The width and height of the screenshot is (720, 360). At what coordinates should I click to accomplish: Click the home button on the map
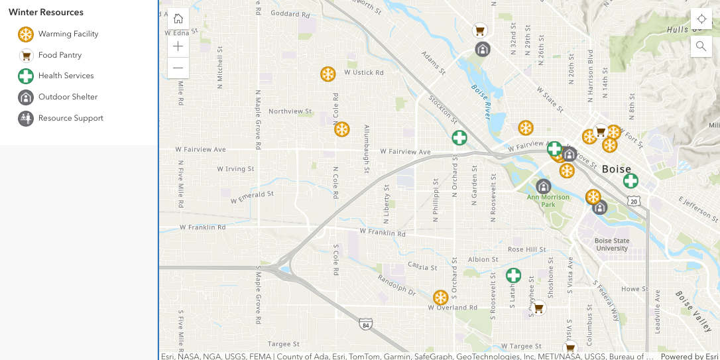[x=178, y=19]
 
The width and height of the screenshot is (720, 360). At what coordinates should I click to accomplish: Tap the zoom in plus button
[x=178, y=46]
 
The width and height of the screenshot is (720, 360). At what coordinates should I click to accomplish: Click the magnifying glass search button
[x=701, y=46]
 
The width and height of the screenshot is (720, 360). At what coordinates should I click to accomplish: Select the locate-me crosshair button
[x=701, y=19]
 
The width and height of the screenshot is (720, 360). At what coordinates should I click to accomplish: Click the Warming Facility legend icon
[x=26, y=34]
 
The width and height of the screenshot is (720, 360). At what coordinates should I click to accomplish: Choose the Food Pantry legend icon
[x=26, y=55]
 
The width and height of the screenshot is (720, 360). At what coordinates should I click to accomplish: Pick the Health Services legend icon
[x=26, y=76]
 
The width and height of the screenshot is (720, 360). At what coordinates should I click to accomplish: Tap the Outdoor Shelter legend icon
[x=26, y=97]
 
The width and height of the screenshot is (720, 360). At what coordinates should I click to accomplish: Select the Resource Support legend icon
[x=26, y=119]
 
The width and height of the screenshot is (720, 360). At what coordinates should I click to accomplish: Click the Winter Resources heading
[x=46, y=13]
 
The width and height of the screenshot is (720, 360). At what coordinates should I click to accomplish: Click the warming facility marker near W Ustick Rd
[x=328, y=74]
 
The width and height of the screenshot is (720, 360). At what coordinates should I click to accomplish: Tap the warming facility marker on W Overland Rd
[x=440, y=298]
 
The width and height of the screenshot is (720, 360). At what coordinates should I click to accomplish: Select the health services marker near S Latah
[x=513, y=275]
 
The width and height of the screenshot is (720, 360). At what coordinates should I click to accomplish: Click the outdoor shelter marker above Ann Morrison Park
[x=544, y=186]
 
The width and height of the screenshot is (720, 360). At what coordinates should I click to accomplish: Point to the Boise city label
[x=617, y=169]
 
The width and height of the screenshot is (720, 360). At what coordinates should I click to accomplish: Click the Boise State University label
[x=612, y=245]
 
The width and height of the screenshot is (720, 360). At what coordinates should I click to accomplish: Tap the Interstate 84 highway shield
[x=365, y=324]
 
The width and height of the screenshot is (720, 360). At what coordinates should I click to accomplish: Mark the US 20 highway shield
[x=634, y=201]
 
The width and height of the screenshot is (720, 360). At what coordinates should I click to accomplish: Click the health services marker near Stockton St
[x=459, y=138]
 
